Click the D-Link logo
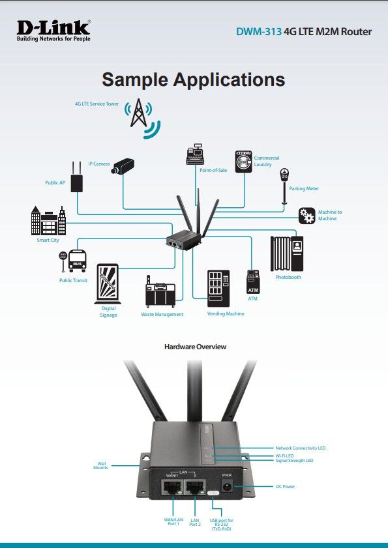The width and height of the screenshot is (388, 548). (x=53, y=31)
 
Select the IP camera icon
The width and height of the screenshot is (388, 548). (x=123, y=166)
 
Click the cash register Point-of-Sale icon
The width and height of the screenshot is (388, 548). (x=195, y=154)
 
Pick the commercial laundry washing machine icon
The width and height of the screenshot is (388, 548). (x=243, y=162)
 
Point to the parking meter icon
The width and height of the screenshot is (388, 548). (x=284, y=186)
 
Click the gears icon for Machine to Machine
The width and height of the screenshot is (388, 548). (x=307, y=216)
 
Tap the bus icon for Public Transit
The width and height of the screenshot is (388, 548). (x=73, y=261)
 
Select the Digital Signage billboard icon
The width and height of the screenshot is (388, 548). (x=108, y=283)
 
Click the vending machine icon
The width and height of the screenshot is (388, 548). (x=218, y=288)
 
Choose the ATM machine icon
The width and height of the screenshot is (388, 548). (x=253, y=281)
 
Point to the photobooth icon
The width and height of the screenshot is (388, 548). (x=287, y=253)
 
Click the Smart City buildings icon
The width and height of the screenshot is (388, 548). (x=48, y=220)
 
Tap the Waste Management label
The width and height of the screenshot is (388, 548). (x=162, y=314)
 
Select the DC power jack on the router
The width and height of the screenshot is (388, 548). (x=228, y=486)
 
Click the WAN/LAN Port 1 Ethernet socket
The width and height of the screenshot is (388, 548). (x=172, y=487)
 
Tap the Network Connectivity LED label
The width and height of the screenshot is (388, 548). (x=300, y=448)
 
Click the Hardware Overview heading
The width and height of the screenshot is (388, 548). (x=195, y=347)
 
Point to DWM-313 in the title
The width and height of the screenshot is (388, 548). (x=259, y=31)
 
